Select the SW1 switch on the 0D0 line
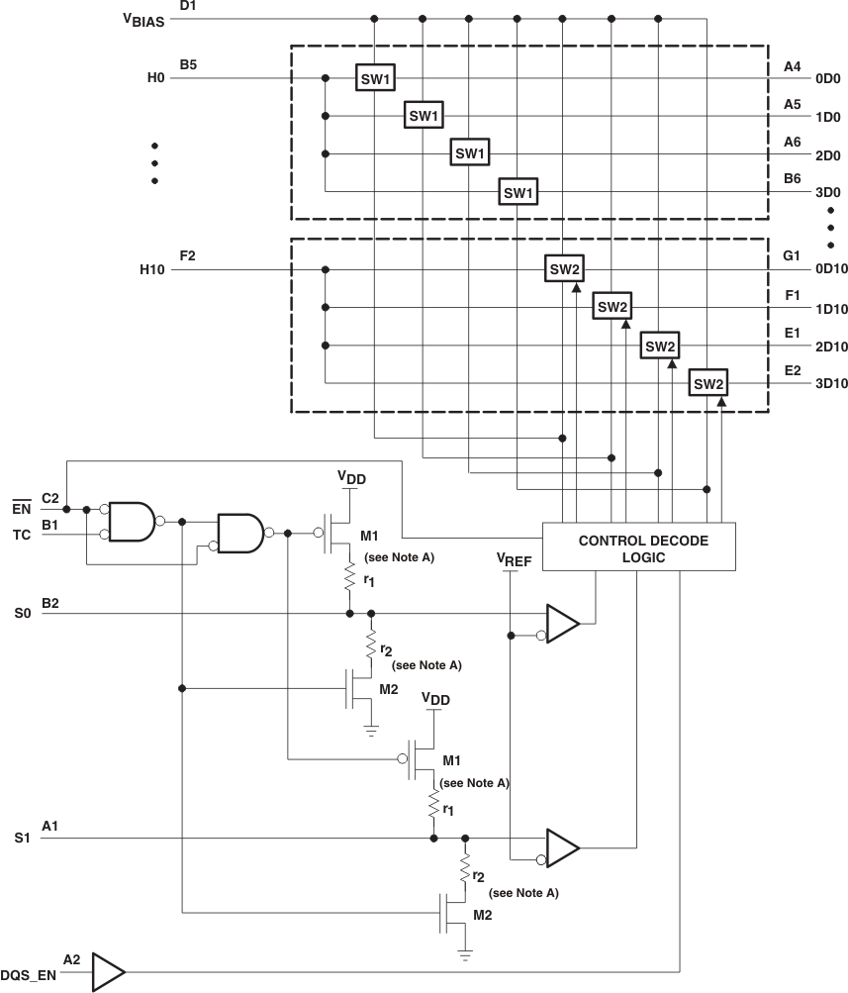click(x=376, y=77)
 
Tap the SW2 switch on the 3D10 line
click(x=708, y=384)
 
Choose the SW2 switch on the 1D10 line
click(x=612, y=307)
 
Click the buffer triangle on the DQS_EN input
click(x=108, y=971)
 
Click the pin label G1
click(x=791, y=255)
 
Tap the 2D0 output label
click(x=798, y=155)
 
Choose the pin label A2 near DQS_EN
click(x=71, y=959)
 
